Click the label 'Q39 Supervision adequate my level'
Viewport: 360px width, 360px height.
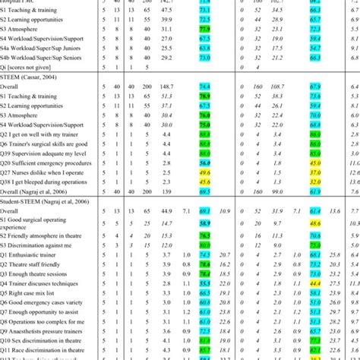(49, 153)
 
